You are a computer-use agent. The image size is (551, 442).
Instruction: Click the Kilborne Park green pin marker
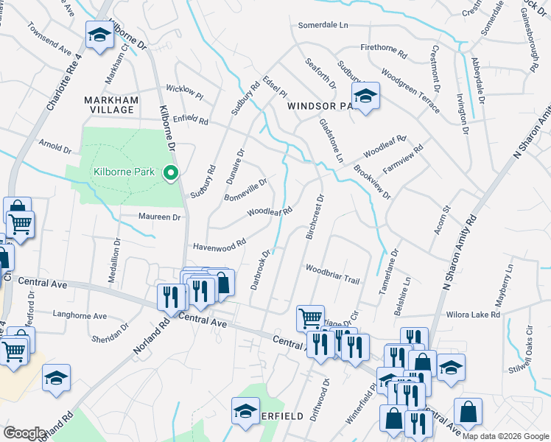[x=171, y=173]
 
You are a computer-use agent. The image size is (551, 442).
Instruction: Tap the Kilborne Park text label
[x=124, y=172]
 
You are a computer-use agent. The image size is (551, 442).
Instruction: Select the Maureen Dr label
[x=160, y=217]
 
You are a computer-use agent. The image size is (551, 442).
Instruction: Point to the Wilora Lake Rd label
[x=473, y=315]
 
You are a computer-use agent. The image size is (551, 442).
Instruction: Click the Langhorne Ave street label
[x=80, y=315]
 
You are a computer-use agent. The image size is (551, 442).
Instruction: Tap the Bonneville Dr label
[x=245, y=189]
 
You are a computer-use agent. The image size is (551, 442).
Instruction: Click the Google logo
[x=24, y=433]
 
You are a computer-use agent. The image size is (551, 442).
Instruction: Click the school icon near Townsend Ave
[x=98, y=35]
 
